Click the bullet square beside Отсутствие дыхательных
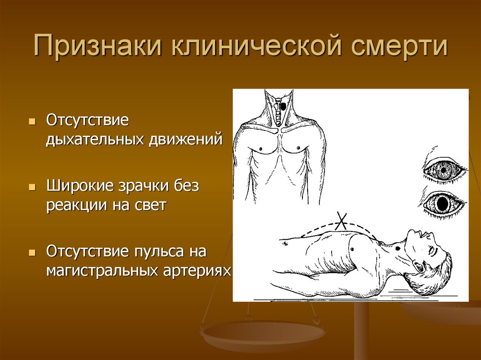31,121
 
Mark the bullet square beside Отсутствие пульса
31,253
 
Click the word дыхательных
95,139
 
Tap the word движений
186,139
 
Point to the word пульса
160,252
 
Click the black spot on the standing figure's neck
283,107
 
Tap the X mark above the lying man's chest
341,221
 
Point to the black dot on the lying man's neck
398,248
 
